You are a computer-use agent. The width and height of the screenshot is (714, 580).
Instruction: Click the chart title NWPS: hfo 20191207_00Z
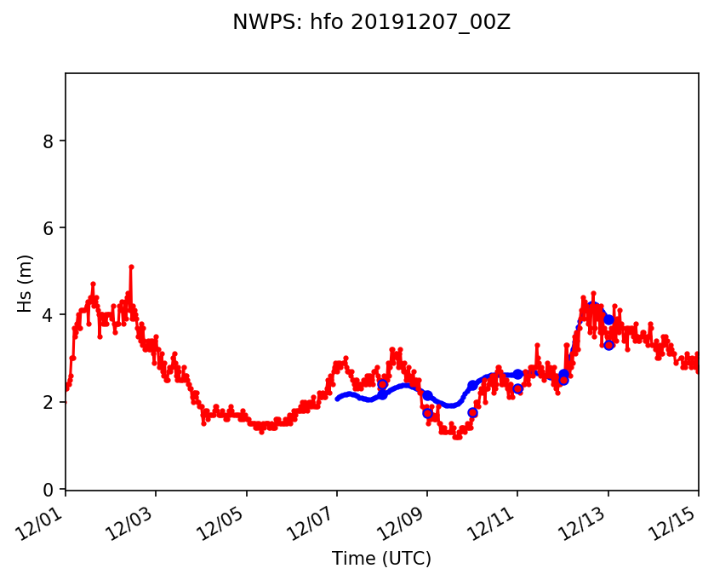point(371,23)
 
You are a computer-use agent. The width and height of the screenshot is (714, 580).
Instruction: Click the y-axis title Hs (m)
point(26,282)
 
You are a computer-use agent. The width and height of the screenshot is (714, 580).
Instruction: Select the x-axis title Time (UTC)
point(381,559)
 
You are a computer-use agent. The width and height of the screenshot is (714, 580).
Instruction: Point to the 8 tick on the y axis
point(49,141)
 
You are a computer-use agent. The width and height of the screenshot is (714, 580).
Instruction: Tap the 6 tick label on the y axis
point(49,228)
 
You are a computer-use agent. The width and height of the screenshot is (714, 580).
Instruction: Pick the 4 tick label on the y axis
point(49,315)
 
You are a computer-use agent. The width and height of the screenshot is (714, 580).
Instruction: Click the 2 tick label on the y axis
point(49,402)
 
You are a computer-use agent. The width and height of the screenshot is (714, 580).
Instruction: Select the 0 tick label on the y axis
point(49,490)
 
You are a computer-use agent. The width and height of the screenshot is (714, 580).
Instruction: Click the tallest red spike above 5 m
point(131,267)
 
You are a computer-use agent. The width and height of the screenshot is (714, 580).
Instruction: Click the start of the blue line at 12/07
point(338,399)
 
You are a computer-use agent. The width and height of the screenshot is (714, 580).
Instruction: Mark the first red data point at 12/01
point(66,388)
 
